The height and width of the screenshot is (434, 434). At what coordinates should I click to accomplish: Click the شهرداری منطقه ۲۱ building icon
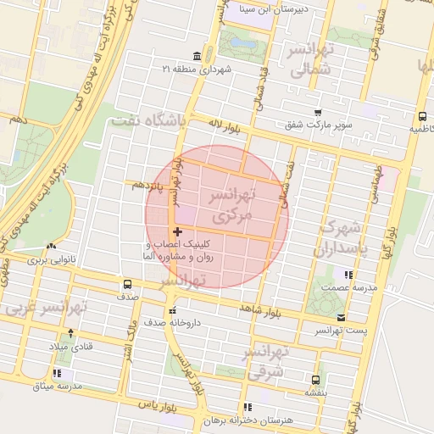pyautogui.click(x=198, y=56)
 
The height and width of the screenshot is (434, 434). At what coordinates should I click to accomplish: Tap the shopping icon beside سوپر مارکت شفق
pyautogui.click(x=318, y=112)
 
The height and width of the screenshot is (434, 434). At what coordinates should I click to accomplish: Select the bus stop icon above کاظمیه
pyautogui.click(x=421, y=117)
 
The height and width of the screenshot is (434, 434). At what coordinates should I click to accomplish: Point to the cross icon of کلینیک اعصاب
pyautogui.click(x=177, y=231)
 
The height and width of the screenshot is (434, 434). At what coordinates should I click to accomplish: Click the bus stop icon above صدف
pyautogui.click(x=127, y=285)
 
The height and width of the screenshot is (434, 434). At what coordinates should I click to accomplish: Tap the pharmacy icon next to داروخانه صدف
pyautogui.click(x=173, y=310)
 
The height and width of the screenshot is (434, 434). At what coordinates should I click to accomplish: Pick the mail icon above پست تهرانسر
pyautogui.click(x=341, y=317)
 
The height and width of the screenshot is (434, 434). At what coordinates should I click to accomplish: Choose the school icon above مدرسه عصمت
pyautogui.click(x=347, y=275)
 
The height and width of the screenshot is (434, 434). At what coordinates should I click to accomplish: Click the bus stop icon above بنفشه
pyautogui.click(x=316, y=380)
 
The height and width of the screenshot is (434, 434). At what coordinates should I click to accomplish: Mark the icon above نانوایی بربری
pyautogui.click(x=53, y=247)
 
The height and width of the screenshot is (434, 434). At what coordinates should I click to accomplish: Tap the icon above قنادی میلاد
pyautogui.click(x=70, y=332)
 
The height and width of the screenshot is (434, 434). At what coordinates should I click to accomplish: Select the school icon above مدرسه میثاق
pyautogui.click(x=57, y=373)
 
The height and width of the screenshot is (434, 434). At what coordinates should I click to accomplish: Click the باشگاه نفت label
pyautogui.click(x=148, y=121)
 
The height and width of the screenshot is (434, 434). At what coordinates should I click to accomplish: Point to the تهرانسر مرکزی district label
pyautogui.click(x=231, y=206)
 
